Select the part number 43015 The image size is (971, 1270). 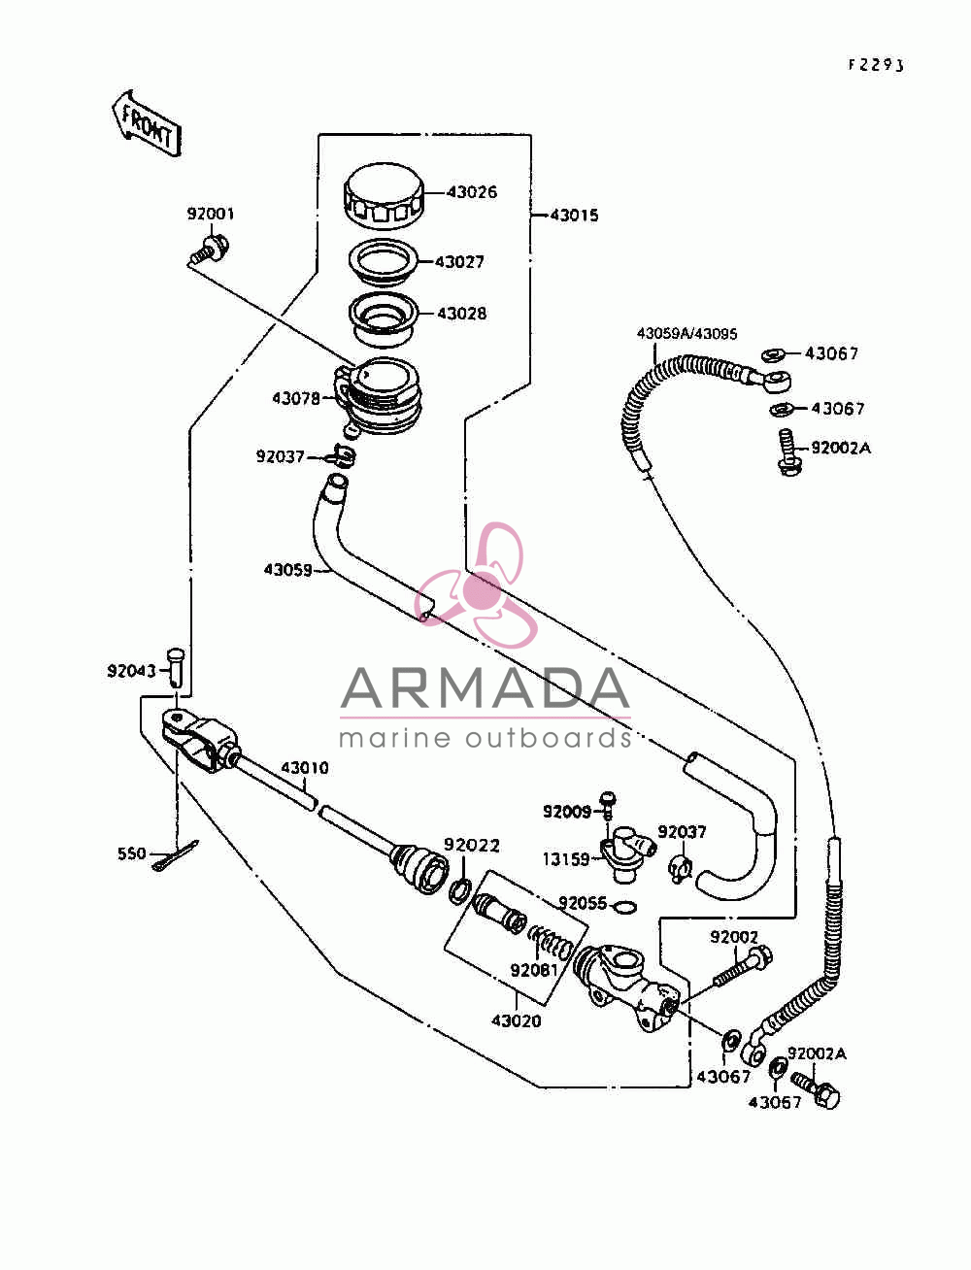tap(574, 216)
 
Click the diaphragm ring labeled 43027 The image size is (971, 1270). tap(384, 261)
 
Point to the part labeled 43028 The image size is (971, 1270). tap(384, 319)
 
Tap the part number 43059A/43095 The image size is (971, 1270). tap(686, 334)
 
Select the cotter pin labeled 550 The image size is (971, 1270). tap(176, 855)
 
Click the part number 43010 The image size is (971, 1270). tap(304, 768)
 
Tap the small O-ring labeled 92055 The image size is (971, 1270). tap(623, 907)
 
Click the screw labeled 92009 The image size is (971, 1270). tap(608, 806)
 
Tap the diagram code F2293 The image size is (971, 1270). tap(876, 65)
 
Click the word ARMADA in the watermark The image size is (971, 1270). tap(485, 688)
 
